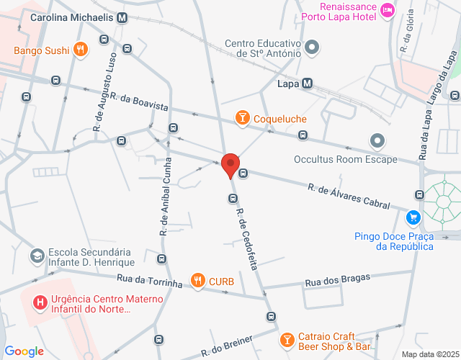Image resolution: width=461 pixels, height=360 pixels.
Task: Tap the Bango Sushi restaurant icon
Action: coord(81,50)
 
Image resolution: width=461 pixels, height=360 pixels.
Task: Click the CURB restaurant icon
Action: coord(197,281)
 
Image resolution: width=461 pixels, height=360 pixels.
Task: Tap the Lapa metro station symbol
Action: coord(308,84)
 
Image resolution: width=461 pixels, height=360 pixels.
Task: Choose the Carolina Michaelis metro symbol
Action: coord(122,17)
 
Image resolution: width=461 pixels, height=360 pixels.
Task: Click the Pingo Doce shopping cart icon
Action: coord(413,217)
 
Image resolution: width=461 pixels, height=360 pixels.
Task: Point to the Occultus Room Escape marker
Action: coord(376,140)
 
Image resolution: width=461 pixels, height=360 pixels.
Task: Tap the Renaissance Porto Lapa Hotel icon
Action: coord(388,9)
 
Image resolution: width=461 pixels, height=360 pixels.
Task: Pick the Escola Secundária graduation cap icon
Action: coord(36,256)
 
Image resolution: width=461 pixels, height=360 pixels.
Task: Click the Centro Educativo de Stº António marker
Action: coord(312,48)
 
